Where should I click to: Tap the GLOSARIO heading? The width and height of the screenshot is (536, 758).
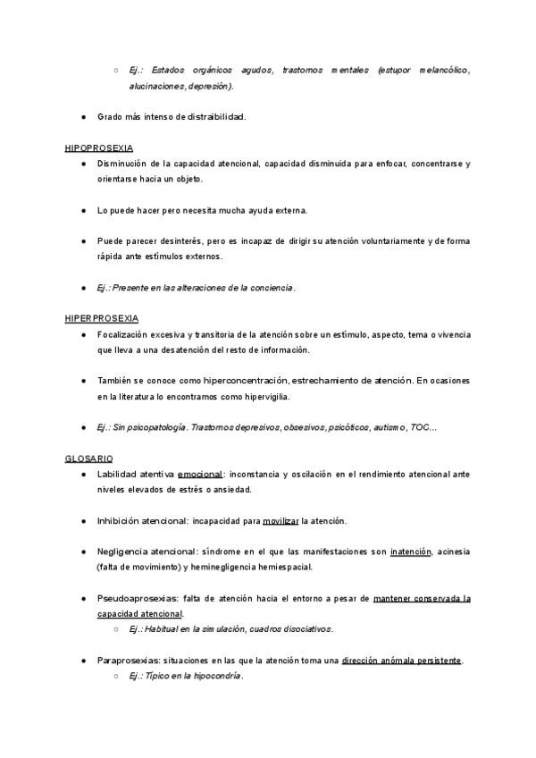click(88, 458)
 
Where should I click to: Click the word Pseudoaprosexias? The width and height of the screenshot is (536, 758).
click(133, 598)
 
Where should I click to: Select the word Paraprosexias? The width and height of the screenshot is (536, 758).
click(129, 661)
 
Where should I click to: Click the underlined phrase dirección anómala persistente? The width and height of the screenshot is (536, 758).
click(402, 661)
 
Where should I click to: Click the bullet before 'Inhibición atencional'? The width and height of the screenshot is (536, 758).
click(82, 520)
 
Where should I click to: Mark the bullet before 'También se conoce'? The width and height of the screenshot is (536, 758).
click(82, 381)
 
